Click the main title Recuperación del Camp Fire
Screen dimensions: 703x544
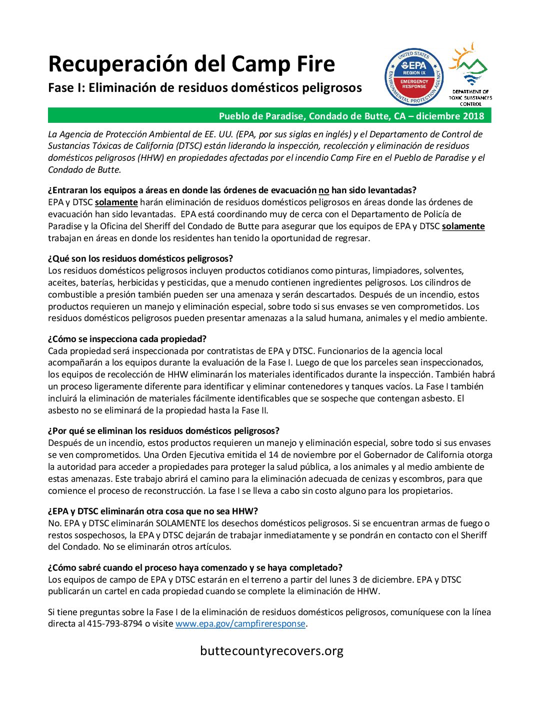coord(191,64)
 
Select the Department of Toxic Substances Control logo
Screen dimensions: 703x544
coord(470,75)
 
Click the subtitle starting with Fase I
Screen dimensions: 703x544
coord(205,88)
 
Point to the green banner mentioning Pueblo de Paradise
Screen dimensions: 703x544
coord(269,116)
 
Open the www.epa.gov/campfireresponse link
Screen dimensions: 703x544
coord(240,624)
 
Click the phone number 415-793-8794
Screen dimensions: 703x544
coord(114,624)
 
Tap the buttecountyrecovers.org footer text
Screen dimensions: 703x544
coord(271,651)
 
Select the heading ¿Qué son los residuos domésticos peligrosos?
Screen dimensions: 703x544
coord(140,259)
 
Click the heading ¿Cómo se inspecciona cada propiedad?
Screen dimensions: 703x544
coord(127,339)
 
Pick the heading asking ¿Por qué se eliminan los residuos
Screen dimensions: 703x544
coord(163,431)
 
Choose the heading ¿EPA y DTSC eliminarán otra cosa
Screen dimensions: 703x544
coord(153,511)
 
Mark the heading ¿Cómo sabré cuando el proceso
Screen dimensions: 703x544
coord(195,568)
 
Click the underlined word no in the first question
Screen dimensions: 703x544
coord(324,190)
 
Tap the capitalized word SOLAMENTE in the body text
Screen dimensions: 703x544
coord(180,523)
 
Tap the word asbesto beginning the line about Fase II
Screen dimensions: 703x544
coord(63,410)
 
